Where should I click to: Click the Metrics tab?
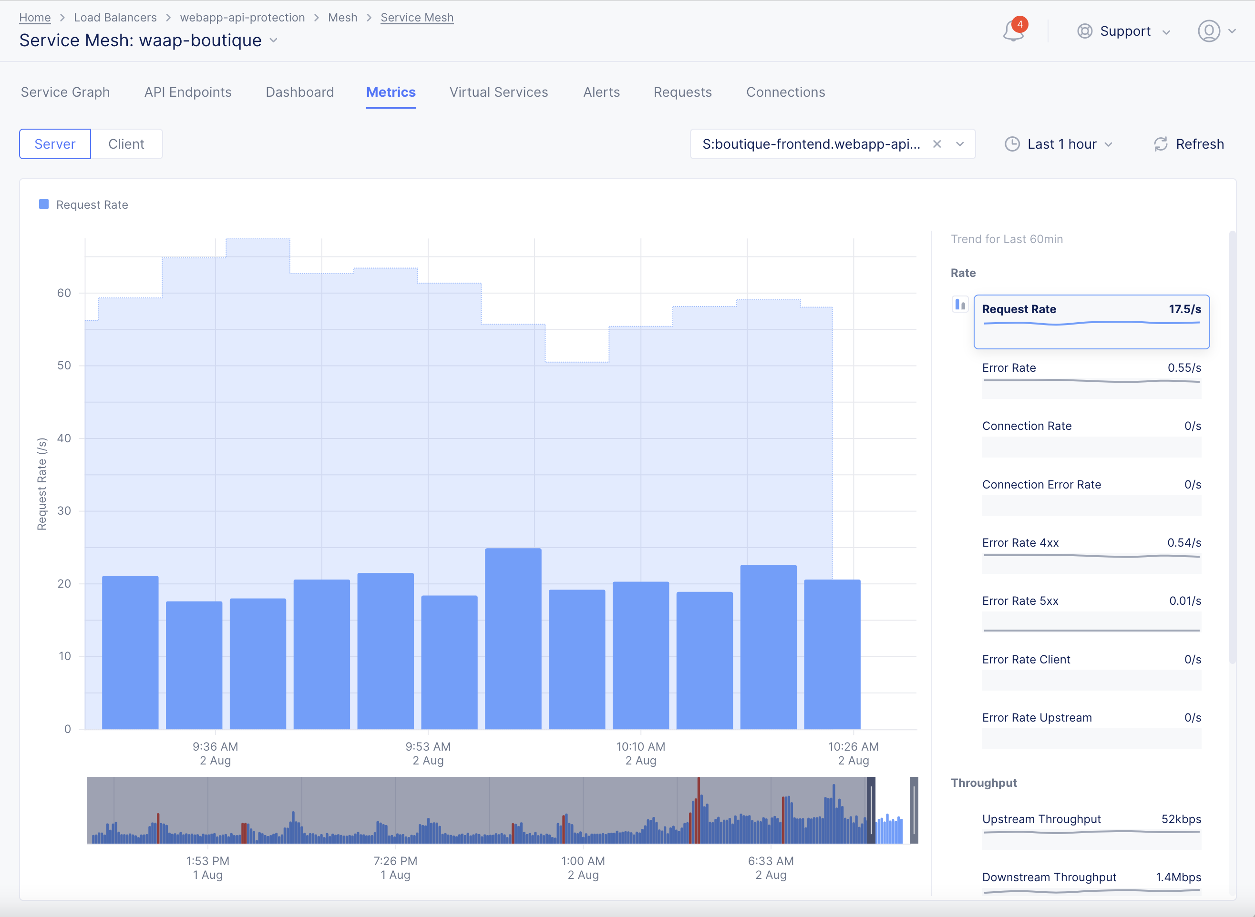pos(391,92)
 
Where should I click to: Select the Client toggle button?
pos(126,144)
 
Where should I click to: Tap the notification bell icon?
pos(1013,31)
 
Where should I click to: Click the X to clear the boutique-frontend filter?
pos(937,144)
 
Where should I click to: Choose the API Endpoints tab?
pos(188,92)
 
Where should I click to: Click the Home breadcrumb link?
pos(35,18)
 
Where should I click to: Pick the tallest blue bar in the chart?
pos(513,638)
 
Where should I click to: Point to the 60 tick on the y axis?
pos(64,293)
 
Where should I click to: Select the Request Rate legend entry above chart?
pos(92,205)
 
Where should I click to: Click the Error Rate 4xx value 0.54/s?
pos(1184,543)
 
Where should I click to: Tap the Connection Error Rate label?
pos(1041,485)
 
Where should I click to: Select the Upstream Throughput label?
pos(1041,819)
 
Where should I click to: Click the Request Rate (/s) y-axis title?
pos(41,484)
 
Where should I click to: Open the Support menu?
pos(1124,31)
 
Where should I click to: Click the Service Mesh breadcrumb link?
pos(417,18)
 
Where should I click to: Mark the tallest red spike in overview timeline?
pos(699,810)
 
